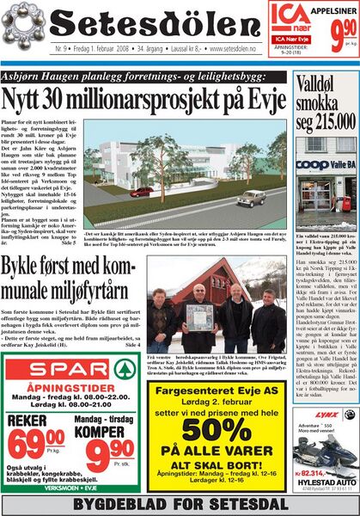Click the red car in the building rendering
click(x=253, y=198)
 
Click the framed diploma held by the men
click(x=198, y=316)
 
